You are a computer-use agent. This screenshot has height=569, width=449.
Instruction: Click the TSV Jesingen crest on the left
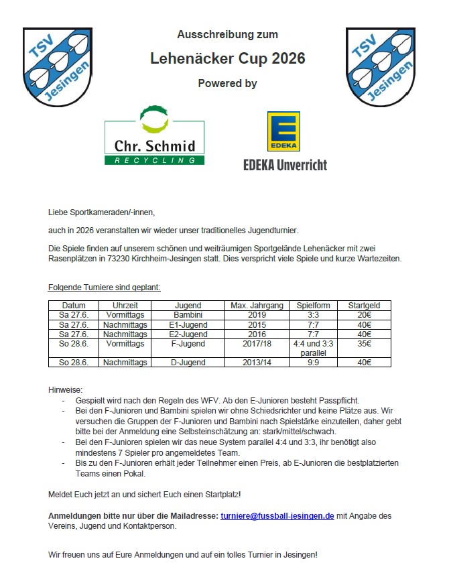coord(57,67)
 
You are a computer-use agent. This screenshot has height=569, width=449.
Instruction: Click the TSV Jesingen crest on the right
coord(380,67)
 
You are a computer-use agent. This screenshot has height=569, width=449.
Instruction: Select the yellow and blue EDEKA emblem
coord(283,131)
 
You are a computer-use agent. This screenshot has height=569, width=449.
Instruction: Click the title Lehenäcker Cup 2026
coord(227,59)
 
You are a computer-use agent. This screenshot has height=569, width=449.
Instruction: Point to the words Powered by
coord(227,84)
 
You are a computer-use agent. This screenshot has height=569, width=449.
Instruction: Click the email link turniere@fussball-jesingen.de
coord(277,516)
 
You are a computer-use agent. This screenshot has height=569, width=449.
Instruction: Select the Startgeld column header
coord(364,306)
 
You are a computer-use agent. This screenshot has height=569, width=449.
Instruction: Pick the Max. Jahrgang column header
coord(257,306)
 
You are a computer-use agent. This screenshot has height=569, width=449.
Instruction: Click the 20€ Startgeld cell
coord(364,315)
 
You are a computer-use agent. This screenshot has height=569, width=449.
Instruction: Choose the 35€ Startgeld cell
coord(364,344)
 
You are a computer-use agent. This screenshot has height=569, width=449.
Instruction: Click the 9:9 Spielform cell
coord(313,363)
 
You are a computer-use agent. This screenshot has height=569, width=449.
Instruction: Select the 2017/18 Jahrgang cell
coord(257,344)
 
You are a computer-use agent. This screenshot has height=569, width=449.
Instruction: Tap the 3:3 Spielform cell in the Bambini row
coord(313,315)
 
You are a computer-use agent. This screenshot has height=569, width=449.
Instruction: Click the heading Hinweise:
coord(65,389)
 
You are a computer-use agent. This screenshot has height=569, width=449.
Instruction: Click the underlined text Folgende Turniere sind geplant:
coord(105,288)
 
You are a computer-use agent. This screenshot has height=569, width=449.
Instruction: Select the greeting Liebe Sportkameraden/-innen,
coord(101,212)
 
